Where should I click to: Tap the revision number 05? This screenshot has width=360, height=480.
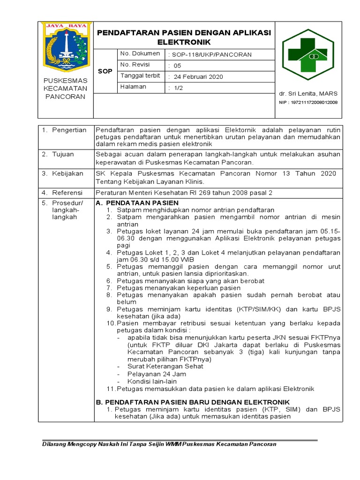pos(177,66)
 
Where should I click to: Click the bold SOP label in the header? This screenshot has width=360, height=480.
pos(105,71)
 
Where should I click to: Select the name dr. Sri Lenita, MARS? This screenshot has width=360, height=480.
pos(308,93)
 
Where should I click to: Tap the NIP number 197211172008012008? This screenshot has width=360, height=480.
pos(308,102)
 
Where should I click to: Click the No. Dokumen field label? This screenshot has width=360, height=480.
pos(140,54)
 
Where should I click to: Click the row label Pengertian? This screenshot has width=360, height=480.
pos(69,130)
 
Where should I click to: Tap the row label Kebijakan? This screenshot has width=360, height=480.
pos(67,173)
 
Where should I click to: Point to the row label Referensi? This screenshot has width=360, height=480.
pos(67,192)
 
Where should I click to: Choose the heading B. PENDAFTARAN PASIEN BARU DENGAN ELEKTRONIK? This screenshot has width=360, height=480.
pos(193,402)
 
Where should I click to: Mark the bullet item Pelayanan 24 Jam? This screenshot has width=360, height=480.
pos(157,374)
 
